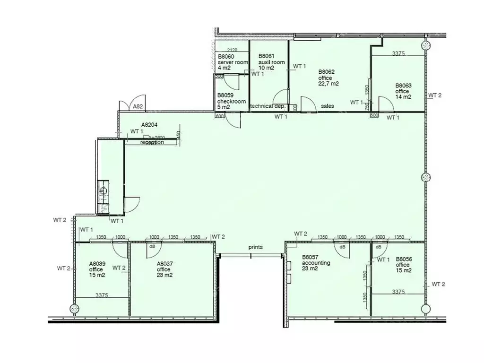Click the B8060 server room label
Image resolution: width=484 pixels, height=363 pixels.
pos(233,62)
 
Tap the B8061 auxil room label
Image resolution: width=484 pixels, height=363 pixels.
pos(271,62)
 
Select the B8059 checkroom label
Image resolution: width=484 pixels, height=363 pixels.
pos(232,101)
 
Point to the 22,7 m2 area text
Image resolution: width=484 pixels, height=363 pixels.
pos(328,84)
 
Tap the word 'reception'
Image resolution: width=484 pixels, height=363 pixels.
pos(152,142)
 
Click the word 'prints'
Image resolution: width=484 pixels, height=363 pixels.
pos(255,247)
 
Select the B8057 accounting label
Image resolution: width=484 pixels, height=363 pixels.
pos(316,263)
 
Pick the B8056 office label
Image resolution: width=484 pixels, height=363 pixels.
pos(404,265)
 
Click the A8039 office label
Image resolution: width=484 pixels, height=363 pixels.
pos(96,269)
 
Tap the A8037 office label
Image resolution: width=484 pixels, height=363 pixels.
pos(164,269)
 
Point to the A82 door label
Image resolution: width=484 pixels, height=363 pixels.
pos(138,107)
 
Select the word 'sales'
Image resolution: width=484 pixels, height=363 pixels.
pos(328,106)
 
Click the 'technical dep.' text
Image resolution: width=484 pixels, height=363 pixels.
pos(267,106)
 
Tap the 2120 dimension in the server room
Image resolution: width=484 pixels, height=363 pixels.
pos(232,50)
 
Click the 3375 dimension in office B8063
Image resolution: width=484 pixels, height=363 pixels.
pos(398,53)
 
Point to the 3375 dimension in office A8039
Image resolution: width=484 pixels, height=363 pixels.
pos(102,295)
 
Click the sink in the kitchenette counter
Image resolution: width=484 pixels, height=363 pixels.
pos(103,191)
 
